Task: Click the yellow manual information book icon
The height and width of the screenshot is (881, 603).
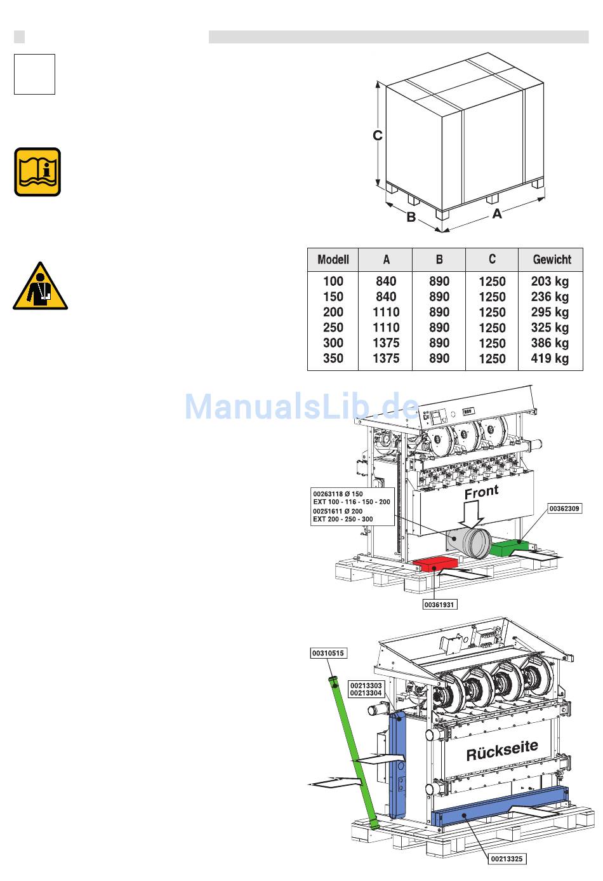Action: (x=37, y=172)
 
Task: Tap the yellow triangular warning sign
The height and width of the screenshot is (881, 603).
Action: (x=40, y=286)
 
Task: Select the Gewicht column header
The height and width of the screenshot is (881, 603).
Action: (x=552, y=260)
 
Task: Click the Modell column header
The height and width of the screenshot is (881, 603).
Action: (x=333, y=260)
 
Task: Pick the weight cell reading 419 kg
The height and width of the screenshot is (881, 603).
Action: (x=550, y=358)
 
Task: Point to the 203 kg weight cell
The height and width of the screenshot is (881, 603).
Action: (x=550, y=281)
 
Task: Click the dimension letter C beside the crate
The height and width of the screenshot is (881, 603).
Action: (x=378, y=135)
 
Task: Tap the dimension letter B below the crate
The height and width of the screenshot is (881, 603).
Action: (x=411, y=217)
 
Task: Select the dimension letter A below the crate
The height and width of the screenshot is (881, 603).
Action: (x=497, y=213)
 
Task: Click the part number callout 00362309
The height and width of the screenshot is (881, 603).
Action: (x=564, y=509)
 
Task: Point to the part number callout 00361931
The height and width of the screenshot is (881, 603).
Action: (x=439, y=605)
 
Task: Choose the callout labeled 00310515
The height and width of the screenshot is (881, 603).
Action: (x=328, y=653)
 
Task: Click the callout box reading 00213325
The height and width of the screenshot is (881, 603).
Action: (x=507, y=859)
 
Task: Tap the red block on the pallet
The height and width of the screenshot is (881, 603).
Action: (x=435, y=565)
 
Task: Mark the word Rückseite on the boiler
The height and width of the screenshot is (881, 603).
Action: (x=502, y=751)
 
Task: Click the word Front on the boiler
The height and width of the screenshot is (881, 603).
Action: (x=482, y=492)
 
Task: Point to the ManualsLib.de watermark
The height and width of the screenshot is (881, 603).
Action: (x=302, y=406)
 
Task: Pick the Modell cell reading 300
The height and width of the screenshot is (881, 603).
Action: (x=333, y=343)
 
